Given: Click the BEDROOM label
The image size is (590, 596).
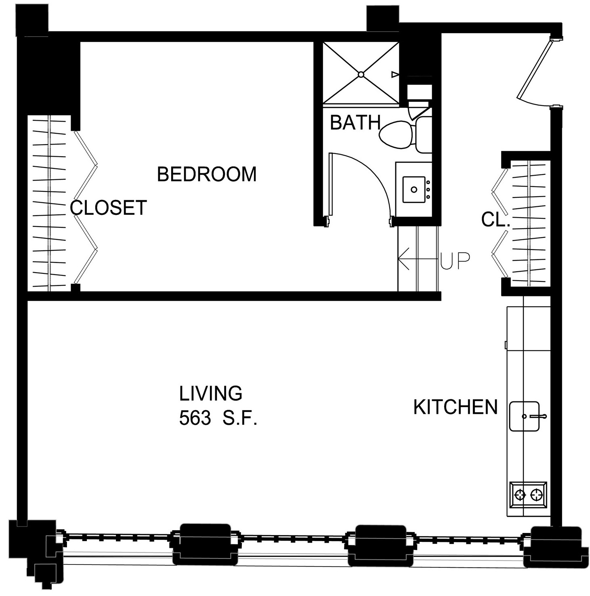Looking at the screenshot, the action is [207, 174].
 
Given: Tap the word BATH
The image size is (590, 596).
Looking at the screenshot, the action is [355, 122].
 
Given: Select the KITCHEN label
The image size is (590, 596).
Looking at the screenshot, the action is [456, 407].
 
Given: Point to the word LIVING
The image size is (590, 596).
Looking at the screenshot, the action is [211, 393].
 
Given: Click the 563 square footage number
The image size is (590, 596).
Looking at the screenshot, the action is [195, 419].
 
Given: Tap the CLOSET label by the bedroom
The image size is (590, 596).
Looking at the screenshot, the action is [108, 208].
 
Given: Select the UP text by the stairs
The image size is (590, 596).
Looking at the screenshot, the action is [455, 261].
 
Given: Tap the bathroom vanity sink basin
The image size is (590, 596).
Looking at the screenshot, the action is [414, 189].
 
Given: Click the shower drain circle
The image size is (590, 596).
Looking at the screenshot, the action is [361, 74].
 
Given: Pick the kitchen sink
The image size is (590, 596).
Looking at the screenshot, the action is [525, 416].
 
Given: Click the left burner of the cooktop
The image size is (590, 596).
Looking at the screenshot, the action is [520, 494].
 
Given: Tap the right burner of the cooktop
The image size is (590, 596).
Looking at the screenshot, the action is [536, 494].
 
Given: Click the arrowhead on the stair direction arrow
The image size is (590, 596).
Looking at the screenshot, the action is [403, 258].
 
